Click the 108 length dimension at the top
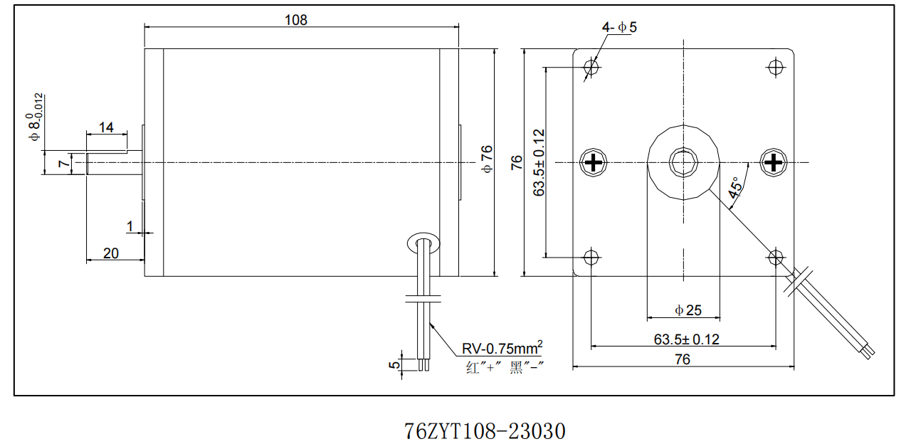(296, 20)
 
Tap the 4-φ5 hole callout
(619, 28)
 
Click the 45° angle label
(735, 186)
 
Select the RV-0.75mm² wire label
(502, 348)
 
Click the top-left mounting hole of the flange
(591, 68)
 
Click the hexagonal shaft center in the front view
(683, 162)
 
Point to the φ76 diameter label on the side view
(487, 159)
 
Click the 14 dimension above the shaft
(106, 128)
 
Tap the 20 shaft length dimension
(111, 253)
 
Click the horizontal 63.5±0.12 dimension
(686, 339)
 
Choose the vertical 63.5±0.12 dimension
(539, 162)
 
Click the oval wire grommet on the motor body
(424, 243)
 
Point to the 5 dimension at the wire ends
(393, 365)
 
